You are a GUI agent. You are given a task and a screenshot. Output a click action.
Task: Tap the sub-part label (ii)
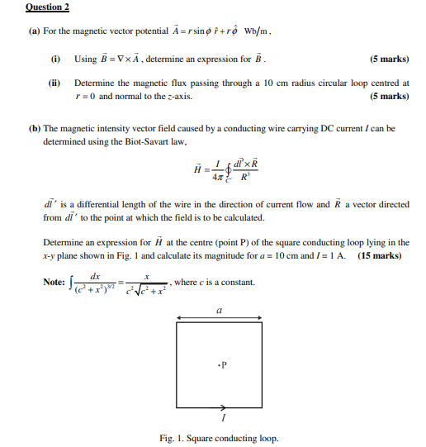click(55, 83)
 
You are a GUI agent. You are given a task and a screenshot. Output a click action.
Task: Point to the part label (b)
click(34, 129)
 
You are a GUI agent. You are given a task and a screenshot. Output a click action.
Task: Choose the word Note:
click(54, 283)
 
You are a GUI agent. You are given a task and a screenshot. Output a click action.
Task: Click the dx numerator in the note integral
click(96, 277)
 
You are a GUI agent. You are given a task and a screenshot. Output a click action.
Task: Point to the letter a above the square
click(219, 311)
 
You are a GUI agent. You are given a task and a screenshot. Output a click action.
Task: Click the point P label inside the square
click(221, 364)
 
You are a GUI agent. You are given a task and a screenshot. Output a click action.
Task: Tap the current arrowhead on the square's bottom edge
click(225, 407)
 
